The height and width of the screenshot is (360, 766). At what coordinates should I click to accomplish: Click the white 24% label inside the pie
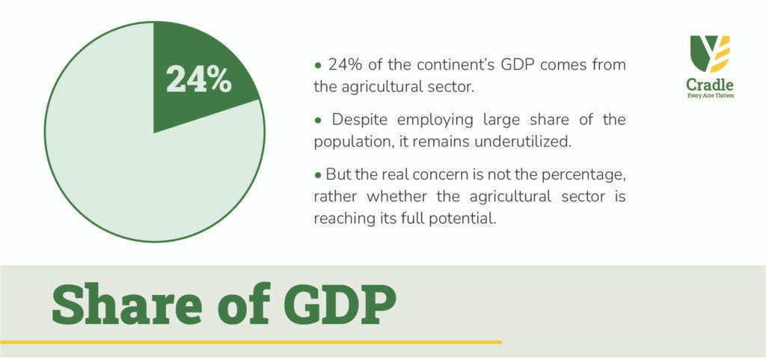[x=199, y=79]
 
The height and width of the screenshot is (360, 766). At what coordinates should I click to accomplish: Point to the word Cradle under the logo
[x=710, y=85]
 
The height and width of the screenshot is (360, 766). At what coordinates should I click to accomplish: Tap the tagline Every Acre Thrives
[x=710, y=96]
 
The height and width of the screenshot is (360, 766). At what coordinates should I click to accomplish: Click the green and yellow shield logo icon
[x=710, y=54]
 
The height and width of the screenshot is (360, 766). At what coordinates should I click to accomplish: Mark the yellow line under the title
[x=251, y=342]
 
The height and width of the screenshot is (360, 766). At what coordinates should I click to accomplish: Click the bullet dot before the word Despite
[x=319, y=120]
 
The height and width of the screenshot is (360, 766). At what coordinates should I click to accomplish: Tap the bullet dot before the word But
[x=318, y=175]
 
